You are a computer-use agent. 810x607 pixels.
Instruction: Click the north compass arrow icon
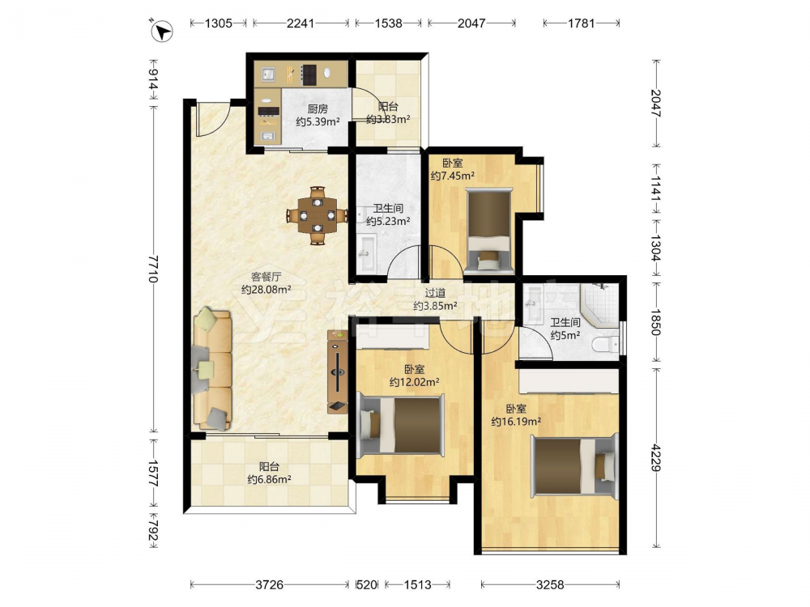click(162, 31)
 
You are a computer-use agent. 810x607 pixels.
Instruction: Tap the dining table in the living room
click(318, 215)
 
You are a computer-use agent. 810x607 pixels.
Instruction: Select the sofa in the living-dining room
click(212, 370)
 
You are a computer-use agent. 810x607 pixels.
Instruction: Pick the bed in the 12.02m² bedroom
click(402, 424)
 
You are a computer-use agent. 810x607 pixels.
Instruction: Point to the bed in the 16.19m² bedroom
click(574, 466)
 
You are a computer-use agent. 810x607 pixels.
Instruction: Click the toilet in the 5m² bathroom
click(605, 342)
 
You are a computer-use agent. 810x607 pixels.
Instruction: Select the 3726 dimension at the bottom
click(269, 585)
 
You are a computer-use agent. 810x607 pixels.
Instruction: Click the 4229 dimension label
click(655, 457)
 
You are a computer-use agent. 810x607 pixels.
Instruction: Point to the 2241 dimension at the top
click(301, 23)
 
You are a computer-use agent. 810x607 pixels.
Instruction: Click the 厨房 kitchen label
click(318, 109)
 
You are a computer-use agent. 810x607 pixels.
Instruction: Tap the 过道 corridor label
click(435, 293)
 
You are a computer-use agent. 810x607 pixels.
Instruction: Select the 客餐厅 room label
click(266, 277)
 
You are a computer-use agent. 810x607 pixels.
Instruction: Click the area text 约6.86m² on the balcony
click(269, 479)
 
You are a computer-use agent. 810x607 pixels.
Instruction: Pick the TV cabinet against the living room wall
click(338, 371)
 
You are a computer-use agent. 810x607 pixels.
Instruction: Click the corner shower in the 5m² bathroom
click(600, 304)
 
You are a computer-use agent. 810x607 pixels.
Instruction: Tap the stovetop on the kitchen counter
click(309, 74)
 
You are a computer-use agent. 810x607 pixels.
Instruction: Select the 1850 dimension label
click(655, 322)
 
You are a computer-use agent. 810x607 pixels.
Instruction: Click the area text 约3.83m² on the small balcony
click(388, 120)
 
